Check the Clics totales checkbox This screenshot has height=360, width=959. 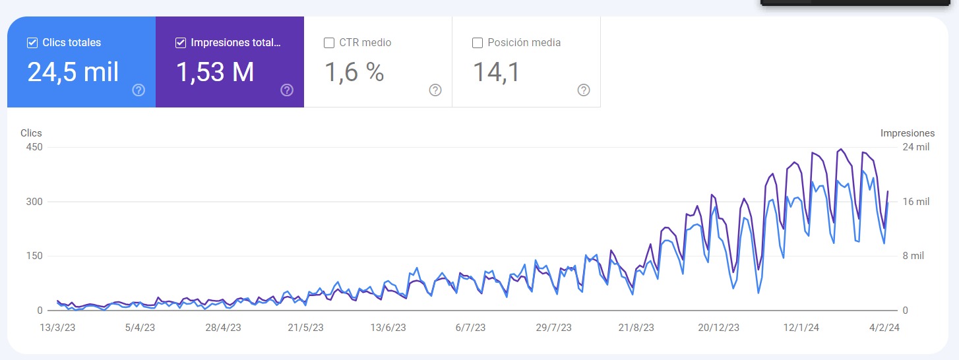tap(32, 43)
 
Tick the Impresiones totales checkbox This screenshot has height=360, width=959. tap(181, 43)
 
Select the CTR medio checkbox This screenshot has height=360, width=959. tap(329, 43)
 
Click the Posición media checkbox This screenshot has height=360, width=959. tap(478, 43)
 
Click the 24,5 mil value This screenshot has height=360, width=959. tap(73, 72)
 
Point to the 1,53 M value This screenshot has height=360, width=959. tap(215, 72)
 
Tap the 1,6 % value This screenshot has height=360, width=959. tap(354, 72)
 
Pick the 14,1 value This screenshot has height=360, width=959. tap(497, 72)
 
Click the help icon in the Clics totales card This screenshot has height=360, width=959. tap(139, 90)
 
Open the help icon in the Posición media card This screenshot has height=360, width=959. tap(584, 90)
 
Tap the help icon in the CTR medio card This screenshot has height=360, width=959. tap(435, 90)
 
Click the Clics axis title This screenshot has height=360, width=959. tap(31, 133)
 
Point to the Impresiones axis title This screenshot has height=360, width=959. tap(908, 133)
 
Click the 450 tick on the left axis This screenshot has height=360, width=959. tap(34, 147)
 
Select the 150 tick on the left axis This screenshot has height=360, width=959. tap(34, 256)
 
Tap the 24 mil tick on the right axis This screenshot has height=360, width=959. tap(915, 147)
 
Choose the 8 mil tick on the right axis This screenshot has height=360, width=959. tap(914, 256)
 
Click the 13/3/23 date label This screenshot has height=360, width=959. tap(57, 328)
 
